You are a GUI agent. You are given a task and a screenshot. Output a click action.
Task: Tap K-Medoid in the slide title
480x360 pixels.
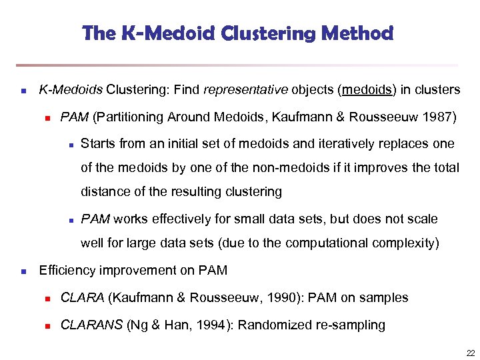tap(151, 33)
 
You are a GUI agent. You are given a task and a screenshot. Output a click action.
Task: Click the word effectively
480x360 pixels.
tap(184, 219)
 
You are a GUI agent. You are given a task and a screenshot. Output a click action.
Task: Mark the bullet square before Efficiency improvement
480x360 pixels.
tap(23, 271)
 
